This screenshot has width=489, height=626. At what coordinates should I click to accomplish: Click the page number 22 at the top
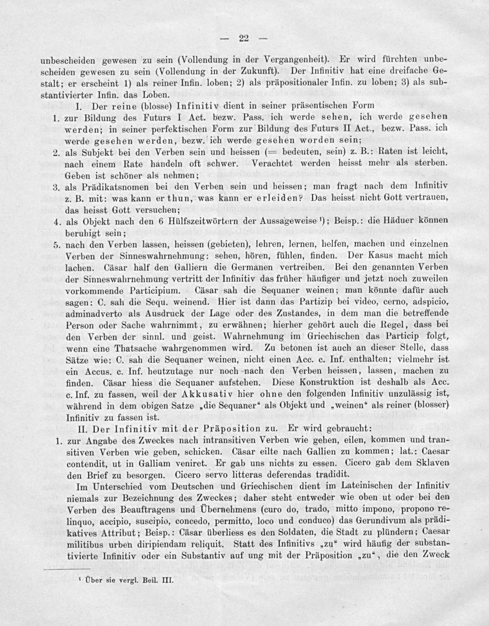244,39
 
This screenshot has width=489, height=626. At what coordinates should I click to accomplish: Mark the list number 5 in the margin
56,245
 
